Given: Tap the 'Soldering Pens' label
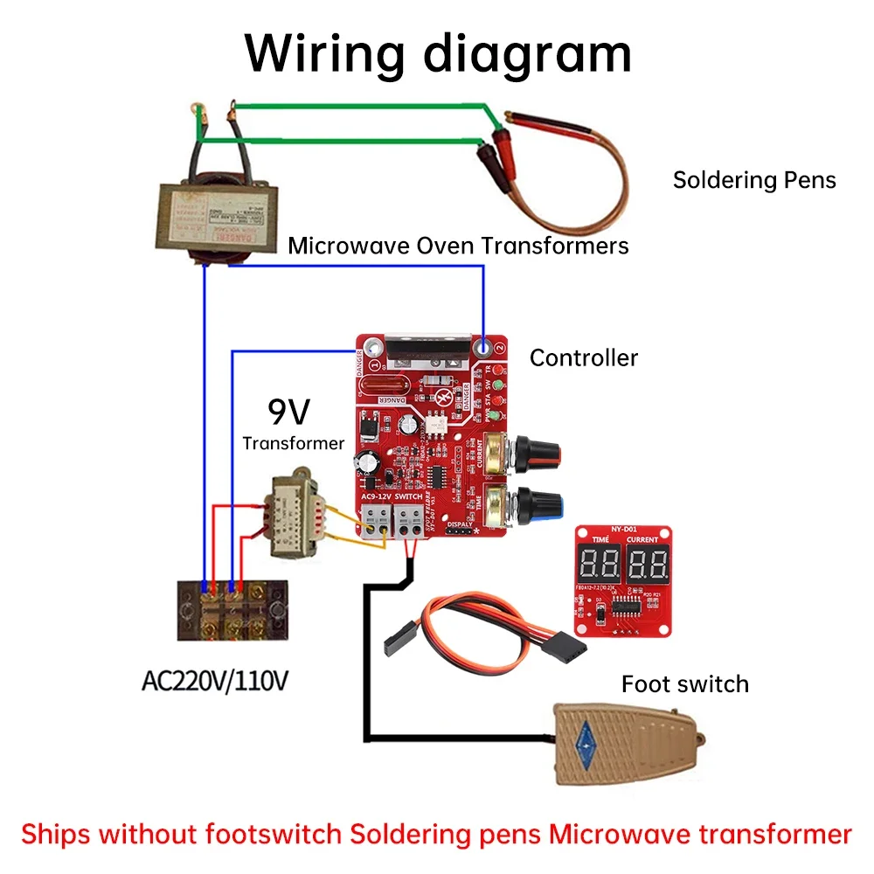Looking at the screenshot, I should click(753, 180).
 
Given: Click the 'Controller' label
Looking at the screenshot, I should click(584, 357).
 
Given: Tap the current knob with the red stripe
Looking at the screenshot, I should click(535, 453).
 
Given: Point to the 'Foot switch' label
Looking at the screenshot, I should click(685, 683).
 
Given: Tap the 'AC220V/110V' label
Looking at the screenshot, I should click(214, 681).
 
